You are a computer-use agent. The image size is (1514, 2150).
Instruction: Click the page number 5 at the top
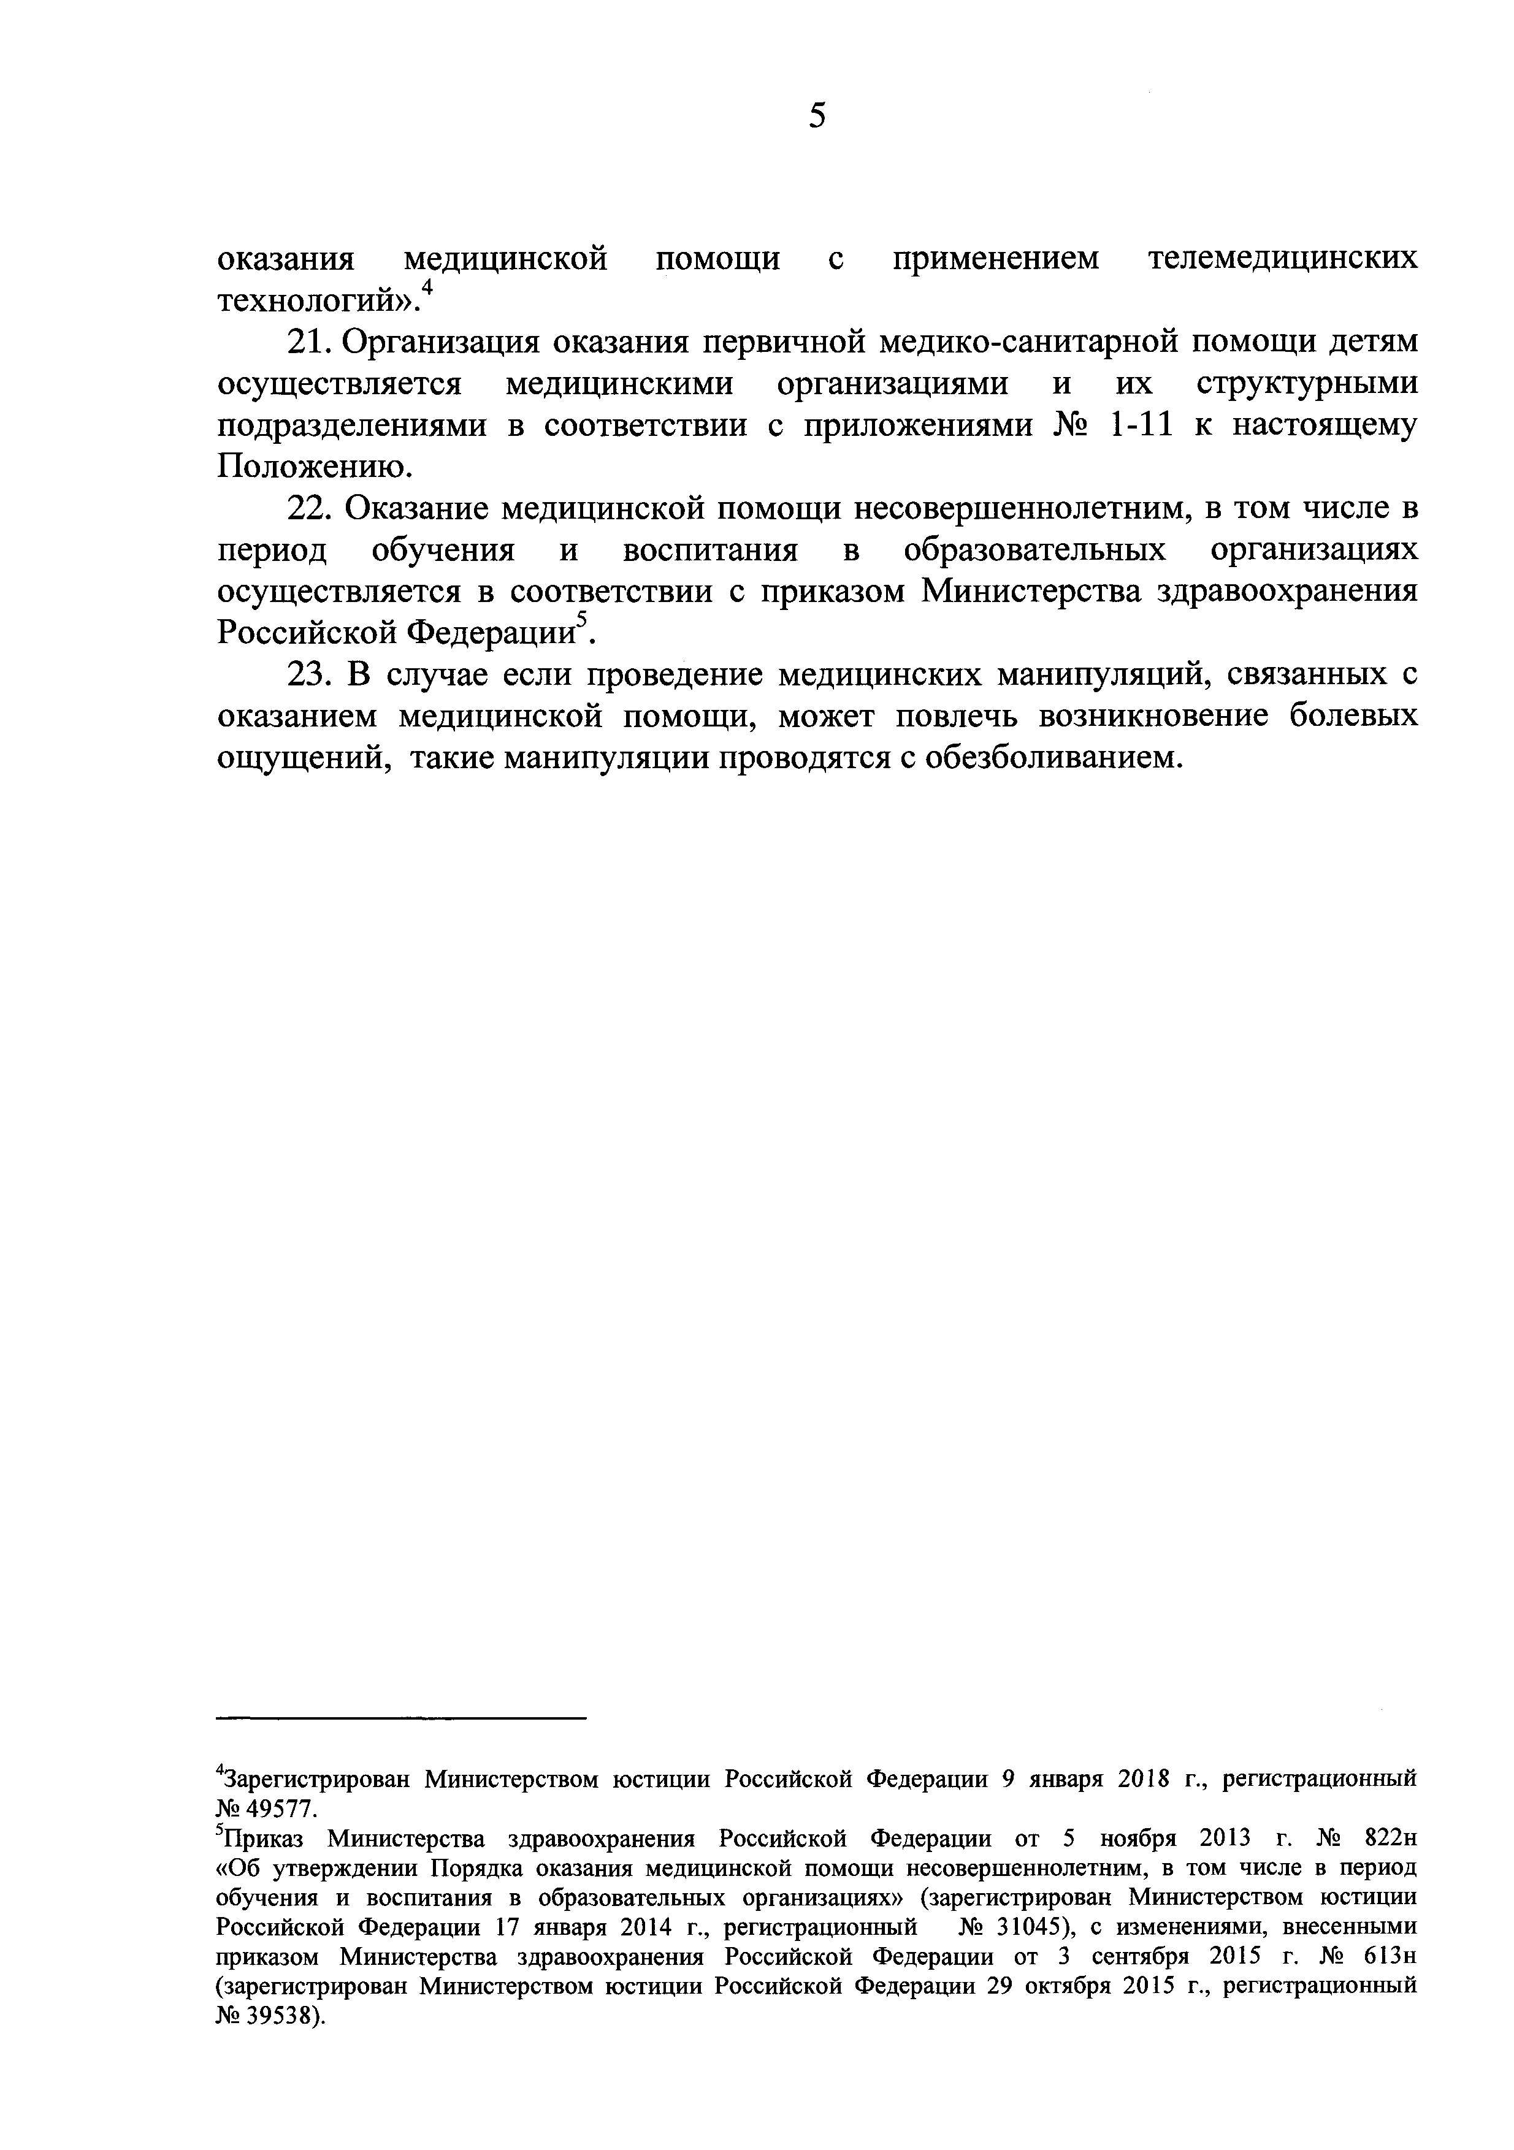(817, 116)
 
